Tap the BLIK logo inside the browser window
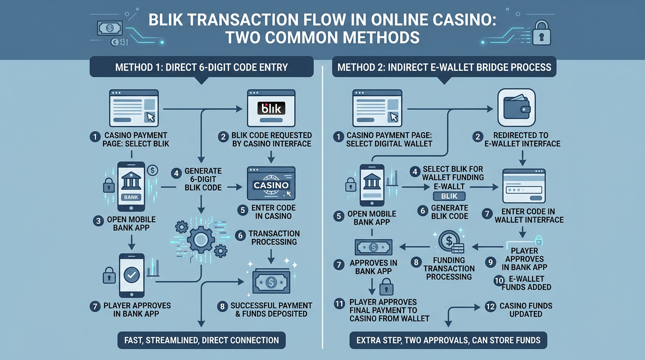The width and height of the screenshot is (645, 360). [271, 109]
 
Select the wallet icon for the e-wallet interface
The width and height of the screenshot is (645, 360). [516, 108]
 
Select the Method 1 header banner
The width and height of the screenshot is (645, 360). [201, 67]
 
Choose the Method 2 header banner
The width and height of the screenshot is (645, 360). [444, 67]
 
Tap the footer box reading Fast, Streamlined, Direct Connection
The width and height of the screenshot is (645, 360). [201, 340]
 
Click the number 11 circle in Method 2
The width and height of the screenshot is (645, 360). [338, 303]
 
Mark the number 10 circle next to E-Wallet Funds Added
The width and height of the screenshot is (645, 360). [499, 281]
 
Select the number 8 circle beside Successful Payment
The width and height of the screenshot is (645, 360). [222, 307]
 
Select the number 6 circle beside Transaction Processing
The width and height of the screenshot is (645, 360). [240, 236]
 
